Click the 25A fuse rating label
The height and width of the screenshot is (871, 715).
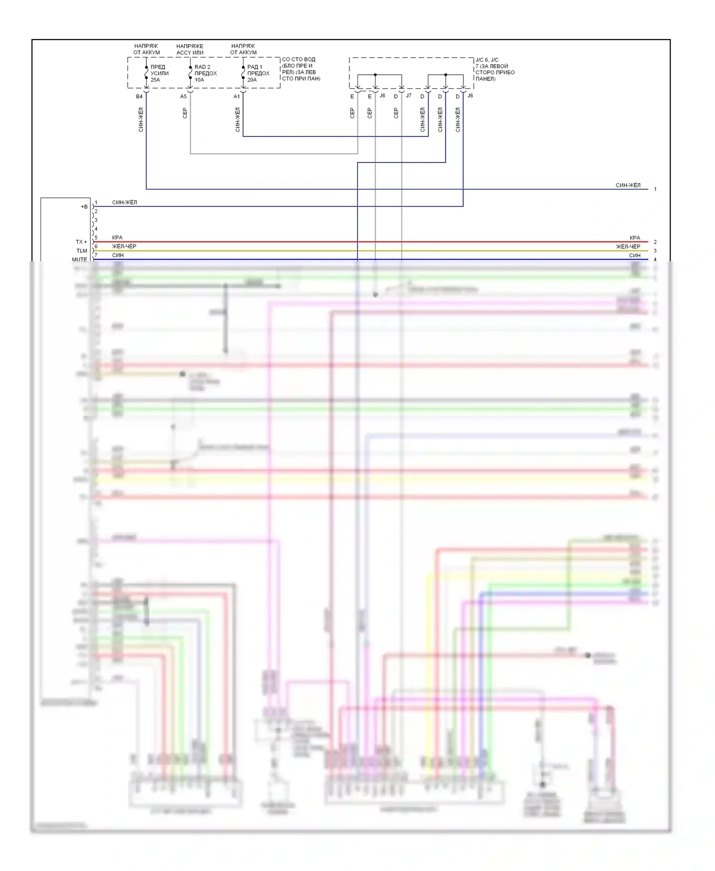pos(155,80)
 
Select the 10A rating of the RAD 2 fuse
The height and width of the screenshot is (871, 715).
pos(199,80)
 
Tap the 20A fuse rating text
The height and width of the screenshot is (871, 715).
pos(252,80)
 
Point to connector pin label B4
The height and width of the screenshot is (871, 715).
pos(139,97)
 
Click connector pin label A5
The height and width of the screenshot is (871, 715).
pos(184,97)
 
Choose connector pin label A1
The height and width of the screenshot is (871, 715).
pos(236,97)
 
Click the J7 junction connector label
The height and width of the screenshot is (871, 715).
pos(409,96)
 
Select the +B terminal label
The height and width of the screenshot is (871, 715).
pos(84,207)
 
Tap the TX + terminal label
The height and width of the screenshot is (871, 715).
pos(82,242)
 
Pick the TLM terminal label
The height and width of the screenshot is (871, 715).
pos(82,251)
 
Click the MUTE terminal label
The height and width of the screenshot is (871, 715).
pos(80,259)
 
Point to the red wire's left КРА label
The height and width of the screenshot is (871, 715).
pos(117,238)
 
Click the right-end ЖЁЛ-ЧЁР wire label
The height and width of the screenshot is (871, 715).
pos(628,247)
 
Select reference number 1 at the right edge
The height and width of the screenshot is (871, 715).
pos(655,189)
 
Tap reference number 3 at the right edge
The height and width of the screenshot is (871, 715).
pos(655,251)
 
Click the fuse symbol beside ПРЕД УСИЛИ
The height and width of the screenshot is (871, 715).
pos(146,73)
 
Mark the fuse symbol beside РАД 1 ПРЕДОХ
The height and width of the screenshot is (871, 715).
pos(243,73)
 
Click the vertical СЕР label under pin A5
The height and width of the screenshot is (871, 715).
pos(185,113)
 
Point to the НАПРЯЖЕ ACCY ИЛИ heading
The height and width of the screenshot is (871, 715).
pos(190,50)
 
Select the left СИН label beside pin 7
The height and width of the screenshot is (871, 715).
pos(118,255)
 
